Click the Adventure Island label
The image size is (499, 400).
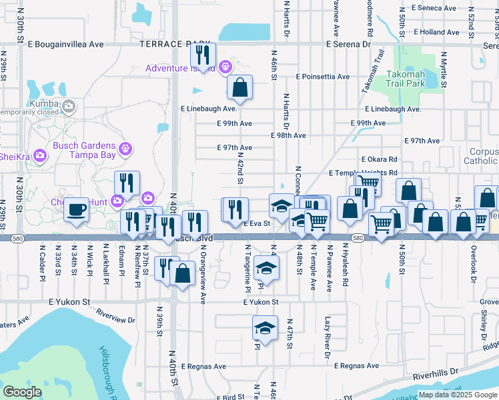coord(181,68)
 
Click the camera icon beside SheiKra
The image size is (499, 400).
coord(39,155)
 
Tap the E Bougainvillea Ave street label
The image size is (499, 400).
coord(66,44)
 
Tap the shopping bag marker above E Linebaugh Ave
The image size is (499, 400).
coord(239,87)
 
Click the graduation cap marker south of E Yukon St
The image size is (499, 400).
coord(265,327)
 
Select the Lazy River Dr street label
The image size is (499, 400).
coord(328,337)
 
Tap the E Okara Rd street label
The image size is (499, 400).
coord(379,159)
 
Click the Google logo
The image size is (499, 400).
coord(22,392)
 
